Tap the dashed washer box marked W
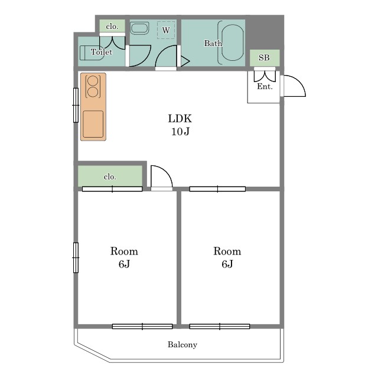click(166, 30)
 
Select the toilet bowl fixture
click(89, 53)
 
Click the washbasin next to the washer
click(139, 28)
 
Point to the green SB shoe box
click(265, 58)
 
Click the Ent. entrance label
click(265, 86)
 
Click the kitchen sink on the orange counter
click(93, 124)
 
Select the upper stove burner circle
click(93, 80)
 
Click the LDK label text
click(180, 119)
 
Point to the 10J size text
click(180, 132)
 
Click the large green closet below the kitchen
click(110, 176)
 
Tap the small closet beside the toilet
click(112, 26)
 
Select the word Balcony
click(183, 345)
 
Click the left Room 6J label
click(124, 258)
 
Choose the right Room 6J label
click(227, 258)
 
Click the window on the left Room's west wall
click(76, 258)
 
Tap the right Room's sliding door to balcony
click(219, 327)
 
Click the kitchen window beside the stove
click(76, 105)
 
